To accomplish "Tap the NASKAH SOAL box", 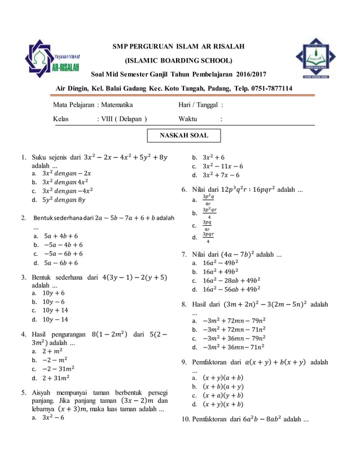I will pos(183,135).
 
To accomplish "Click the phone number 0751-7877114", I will pos(269,89).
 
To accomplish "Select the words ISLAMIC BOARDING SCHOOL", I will pos(179,60).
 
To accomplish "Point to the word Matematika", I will pos(117,104).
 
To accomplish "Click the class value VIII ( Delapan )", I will pos(122,119).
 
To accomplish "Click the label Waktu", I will pos(188,119).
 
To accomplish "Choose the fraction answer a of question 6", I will pos(208,200).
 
